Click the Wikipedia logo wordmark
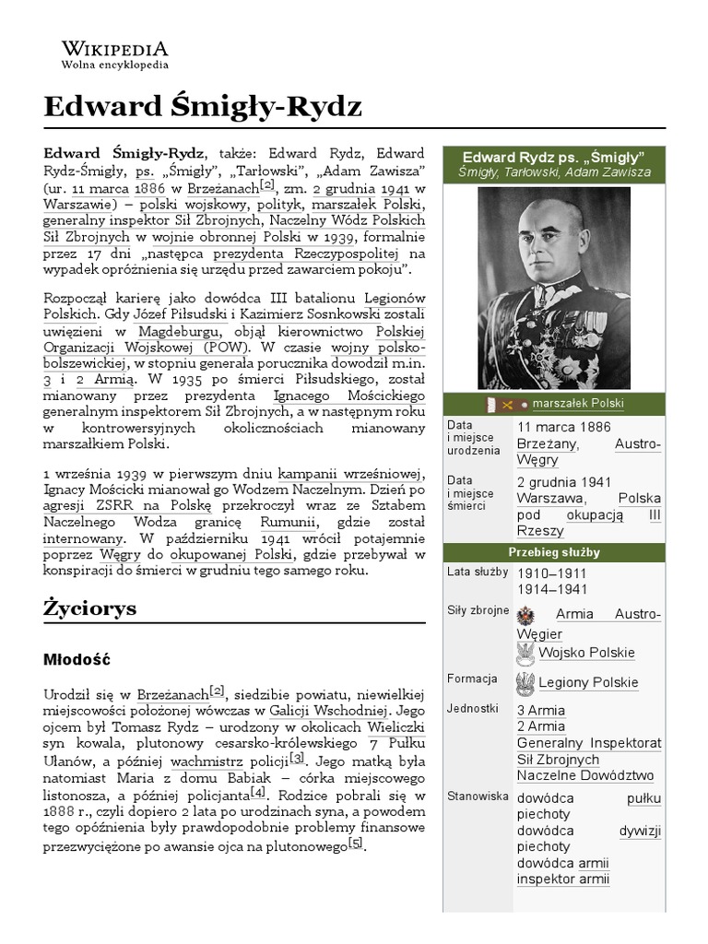click(114, 49)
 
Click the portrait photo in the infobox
click(553, 288)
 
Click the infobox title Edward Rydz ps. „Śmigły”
click(553, 156)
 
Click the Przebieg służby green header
click(553, 552)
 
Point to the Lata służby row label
click(477, 572)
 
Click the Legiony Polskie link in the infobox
click(588, 683)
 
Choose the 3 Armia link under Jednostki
click(541, 711)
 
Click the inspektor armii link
click(563, 879)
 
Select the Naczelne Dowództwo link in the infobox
click(585, 776)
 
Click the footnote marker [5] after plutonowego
click(356, 844)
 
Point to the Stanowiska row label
click(478, 796)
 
